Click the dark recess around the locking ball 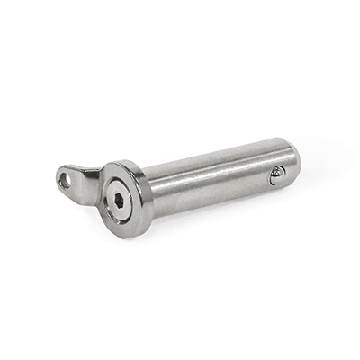click(274, 176)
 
